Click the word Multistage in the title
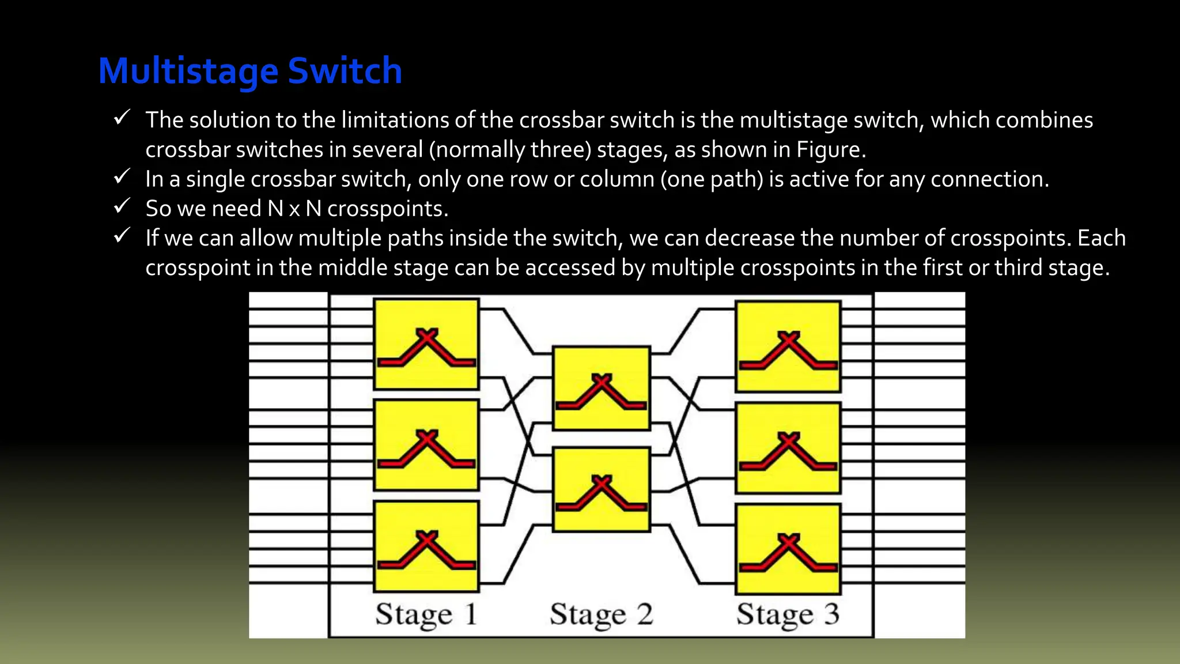pyautogui.click(x=188, y=71)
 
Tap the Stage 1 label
pyautogui.click(x=426, y=614)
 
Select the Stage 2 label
pyautogui.click(x=601, y=614)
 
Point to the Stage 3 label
pyautogui.click(x=787, y=614)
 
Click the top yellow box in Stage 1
pyautogui.click(x=426, y=344)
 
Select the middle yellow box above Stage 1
pyautogui.click(x=426, y=445)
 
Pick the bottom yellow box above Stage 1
pyautogui.click(x=426, y=546)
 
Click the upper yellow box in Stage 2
pyautogui.click(x=601, y=388)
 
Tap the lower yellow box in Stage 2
pyautogui.click(x=601, y=489)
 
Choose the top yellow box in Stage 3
pyautogui.click(x=788, y=346)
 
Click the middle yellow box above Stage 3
pyautogui.click(x=788, y=448)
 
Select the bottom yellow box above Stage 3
pyautogui.click(x=788, y=549)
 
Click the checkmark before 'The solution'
pyautogui.click(x=122, y=118)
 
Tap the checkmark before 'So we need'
pyautogui.click(x=122, y=206)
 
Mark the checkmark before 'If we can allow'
pyautogui.click(x=122, y=235)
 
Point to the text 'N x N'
pyautogui.click(x=294, y=209)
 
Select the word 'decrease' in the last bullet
pyautogui.click(x=749, y=238)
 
